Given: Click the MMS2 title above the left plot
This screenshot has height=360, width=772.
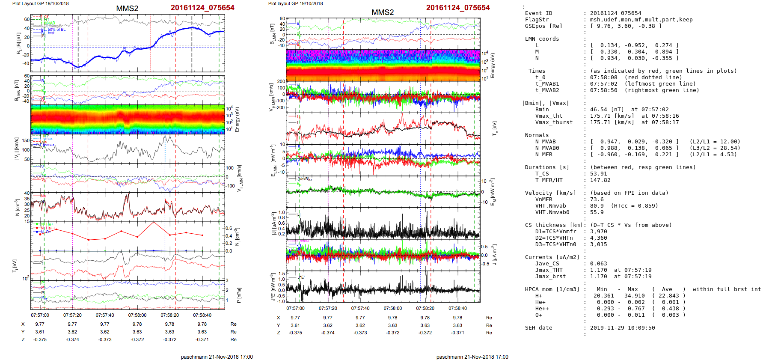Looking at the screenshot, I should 127,9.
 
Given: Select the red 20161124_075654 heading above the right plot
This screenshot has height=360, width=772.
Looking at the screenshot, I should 457,8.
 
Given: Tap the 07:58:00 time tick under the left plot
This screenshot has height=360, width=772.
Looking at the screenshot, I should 137,315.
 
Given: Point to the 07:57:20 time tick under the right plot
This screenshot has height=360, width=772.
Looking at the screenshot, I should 328,308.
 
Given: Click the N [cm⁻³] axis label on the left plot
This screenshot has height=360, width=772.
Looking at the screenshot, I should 17,207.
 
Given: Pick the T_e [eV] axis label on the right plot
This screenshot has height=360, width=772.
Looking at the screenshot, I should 495,128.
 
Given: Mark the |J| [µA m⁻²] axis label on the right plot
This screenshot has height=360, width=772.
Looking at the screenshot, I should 273,223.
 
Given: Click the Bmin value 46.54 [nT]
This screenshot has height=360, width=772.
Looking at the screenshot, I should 607,110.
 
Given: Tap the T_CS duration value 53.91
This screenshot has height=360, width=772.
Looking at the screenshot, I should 598,174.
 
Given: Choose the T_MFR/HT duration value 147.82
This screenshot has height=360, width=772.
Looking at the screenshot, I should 600,180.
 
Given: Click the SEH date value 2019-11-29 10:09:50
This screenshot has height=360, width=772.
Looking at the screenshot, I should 622,328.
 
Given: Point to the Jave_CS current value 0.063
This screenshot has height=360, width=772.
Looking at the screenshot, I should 598,264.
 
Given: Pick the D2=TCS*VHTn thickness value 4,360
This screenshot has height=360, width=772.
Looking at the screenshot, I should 598,238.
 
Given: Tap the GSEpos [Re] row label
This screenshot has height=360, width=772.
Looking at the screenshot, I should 543,26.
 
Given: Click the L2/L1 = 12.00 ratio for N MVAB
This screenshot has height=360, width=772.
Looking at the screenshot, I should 714,142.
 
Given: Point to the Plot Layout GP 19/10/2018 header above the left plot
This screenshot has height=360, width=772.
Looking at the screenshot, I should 40,3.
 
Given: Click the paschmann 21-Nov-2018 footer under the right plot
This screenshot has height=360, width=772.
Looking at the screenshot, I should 472,357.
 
